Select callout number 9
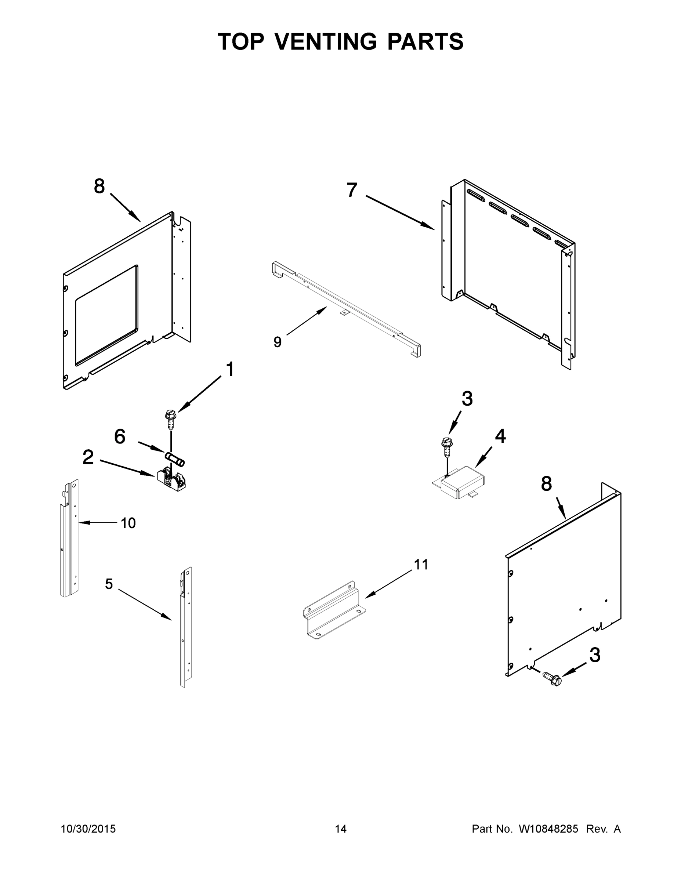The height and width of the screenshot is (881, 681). point(277,342)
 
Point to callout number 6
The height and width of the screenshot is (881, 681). point(120,436)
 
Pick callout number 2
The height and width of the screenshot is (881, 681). point(88,457)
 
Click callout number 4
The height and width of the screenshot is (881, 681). point(500,436)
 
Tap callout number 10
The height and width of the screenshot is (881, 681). point(128,523)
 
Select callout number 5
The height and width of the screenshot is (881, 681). point(109,584)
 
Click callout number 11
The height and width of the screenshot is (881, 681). point(421,564)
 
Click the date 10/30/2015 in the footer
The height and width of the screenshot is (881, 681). point(88,829)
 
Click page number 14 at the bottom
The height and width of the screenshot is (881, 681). point(341,829)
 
